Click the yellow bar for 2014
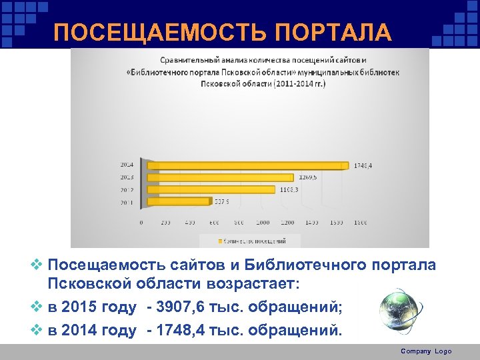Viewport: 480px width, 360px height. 247,165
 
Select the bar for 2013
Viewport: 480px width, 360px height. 220,177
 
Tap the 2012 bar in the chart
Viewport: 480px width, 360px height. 210,189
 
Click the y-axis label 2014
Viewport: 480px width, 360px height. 126,165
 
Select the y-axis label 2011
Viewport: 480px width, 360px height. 126,202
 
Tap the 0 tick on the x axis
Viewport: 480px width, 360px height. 141,222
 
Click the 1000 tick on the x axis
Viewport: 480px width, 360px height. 263,222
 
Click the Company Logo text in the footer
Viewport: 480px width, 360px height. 426,351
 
